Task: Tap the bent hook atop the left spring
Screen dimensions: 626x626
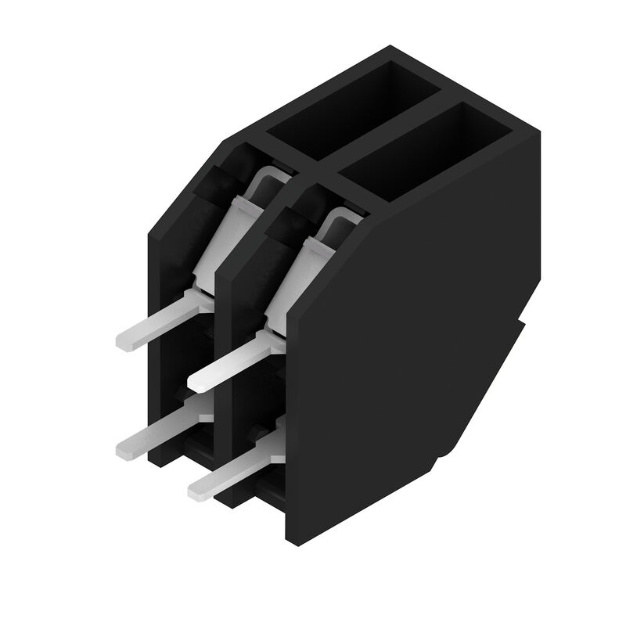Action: pyautogui.click(x=266, y=178)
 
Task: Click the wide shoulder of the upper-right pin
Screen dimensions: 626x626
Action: pyautogui.click(x=258, y=344)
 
